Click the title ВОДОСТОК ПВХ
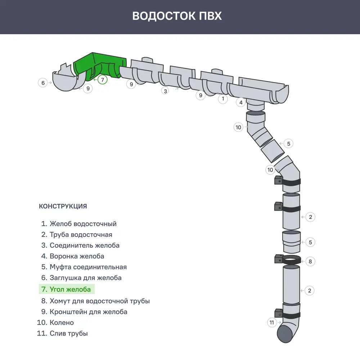(177, 16)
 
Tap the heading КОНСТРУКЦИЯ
(63, 206)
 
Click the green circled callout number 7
(103, 80)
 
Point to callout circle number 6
(43, 83)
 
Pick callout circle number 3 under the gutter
(165, 91)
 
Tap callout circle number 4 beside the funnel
(241, 103)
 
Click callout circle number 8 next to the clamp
(310, 261)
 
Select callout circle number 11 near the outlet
(272, 323)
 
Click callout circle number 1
(223, 99)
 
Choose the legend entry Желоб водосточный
(83, 224)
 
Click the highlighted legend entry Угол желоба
(70, 289)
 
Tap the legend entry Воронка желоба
(77, 256)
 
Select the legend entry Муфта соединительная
(88, 267)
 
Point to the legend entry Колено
(62, 323)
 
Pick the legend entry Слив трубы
(68, 333)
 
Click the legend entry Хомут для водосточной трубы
(99, 301)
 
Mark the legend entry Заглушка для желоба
(85, 278)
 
